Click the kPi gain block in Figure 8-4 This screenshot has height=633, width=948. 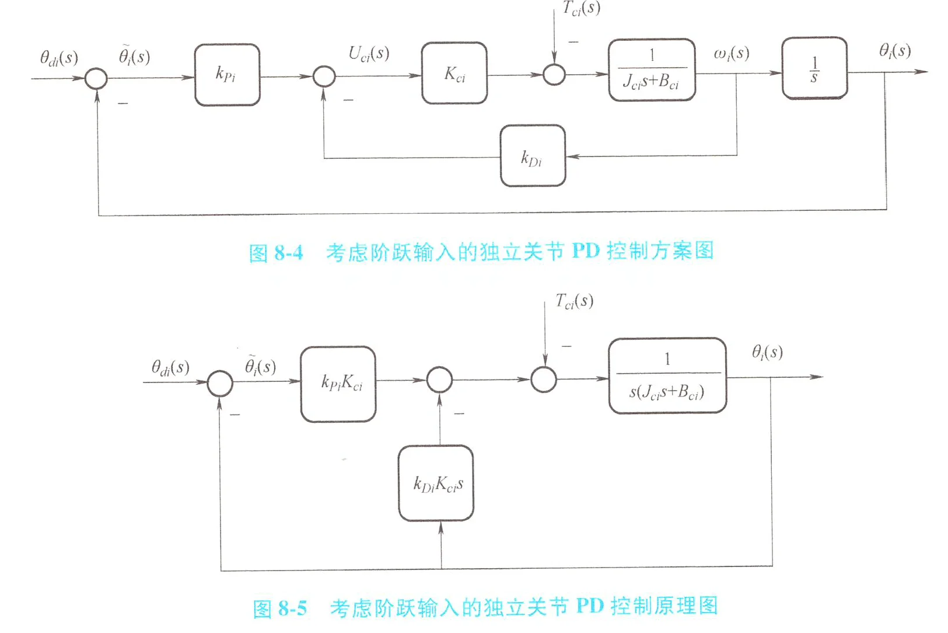[x=227, y=75]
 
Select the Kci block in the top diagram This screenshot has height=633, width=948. [x=454, y=74]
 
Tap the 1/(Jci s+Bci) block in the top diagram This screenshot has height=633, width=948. [x=652, y=70]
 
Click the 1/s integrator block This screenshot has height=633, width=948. [x=814, y=68]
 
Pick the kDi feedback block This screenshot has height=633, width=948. [x=532, y=156]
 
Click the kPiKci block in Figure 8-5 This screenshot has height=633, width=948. [x=338, y=384]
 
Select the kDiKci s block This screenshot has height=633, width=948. [x=436, y=483]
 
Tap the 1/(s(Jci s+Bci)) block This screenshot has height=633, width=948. [x=667, y=376]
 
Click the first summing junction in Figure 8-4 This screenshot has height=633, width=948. [x=96, y=78]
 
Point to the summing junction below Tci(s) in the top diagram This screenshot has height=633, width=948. [x=554, y=75]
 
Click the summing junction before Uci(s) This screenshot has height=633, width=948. [x=324, y=76]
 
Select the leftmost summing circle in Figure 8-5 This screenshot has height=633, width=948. [x=221, y=383]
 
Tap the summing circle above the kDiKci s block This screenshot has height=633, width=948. [x=439, y=380]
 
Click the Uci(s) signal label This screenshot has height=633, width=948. [x=369, y=54]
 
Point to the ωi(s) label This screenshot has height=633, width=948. [x=731, y=54]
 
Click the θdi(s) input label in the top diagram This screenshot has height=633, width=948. [x=58, y=58]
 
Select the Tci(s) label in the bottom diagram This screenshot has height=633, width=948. [x=574, y=301]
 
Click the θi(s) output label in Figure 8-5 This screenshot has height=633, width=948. [x=767, y=352]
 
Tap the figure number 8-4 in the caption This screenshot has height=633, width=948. [x=289, y=252]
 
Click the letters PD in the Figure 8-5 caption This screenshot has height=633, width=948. [x=589, y=606]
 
